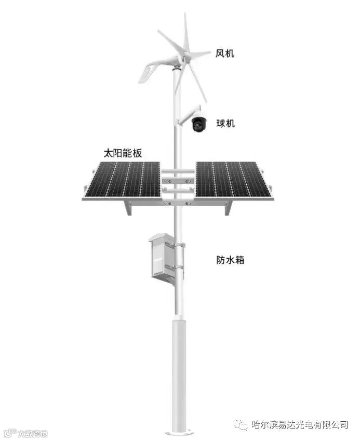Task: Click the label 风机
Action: (225, 53)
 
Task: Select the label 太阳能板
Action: (123, 154)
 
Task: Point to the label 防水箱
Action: (230, 259)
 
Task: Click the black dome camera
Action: (198, 123)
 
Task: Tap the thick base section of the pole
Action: (179, 374)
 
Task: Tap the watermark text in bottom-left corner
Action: (29, 433)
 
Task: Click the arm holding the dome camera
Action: (184, 116)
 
